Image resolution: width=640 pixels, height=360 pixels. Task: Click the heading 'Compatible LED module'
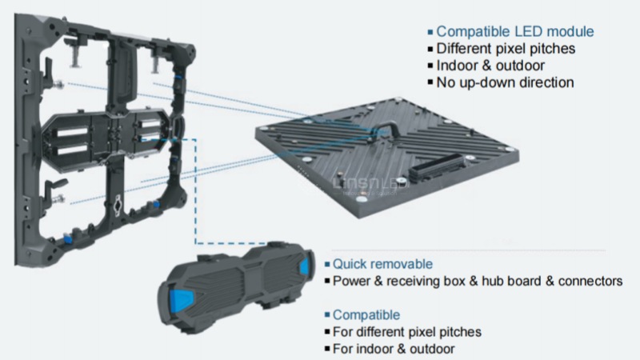pyautogui.click(x=515, y=31)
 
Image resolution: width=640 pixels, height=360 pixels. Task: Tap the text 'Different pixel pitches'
pyautogui.click(x=506, y=49)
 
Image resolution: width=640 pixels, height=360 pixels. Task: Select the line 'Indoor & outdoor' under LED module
pyautogui.click(x=490, y=66)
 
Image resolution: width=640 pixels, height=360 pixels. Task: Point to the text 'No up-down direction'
pyautogui.click(x=505, y=82)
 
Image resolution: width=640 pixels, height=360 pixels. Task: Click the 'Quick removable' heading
pyautogui.click(x=382, y=264)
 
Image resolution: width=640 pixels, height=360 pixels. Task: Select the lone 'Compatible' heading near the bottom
pyautogui.click(x=366, y=315)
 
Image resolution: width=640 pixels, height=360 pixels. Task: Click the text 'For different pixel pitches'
pyautogui.click(x=407, y=332)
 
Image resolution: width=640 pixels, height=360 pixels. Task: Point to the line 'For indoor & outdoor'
pyautogui.click(x=394, y=349)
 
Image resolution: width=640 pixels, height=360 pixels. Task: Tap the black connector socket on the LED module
pyautogui.click(x=437, y=168)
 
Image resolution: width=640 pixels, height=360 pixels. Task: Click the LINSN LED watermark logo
pyautogui.click(x=370, y=185)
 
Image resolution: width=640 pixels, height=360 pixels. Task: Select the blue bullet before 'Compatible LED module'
pyautogui.click(x=430, y=32)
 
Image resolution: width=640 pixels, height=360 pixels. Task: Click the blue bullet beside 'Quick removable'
pyautogui.click(x=327, y=265)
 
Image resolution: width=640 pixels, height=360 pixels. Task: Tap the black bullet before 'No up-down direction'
pyautogui.click(x=430, y=82)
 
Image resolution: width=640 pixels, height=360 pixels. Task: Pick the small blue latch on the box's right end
pyautogui.click(x=305, y=266)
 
